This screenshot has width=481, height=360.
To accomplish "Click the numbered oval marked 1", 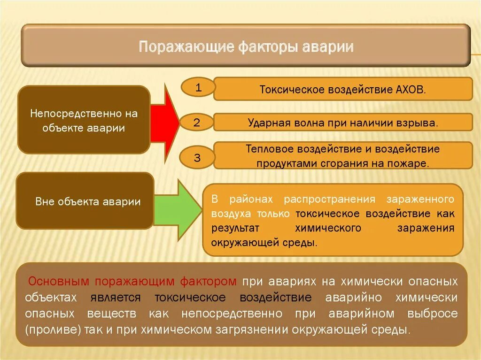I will (x=198, y=88).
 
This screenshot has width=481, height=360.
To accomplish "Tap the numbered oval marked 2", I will (x=197, y=123).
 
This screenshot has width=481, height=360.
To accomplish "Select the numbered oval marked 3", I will (x=197, y=158).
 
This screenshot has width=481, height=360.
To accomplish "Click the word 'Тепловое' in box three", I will (x=267, y=149).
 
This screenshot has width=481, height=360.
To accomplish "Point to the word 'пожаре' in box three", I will (x=411, y=163).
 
